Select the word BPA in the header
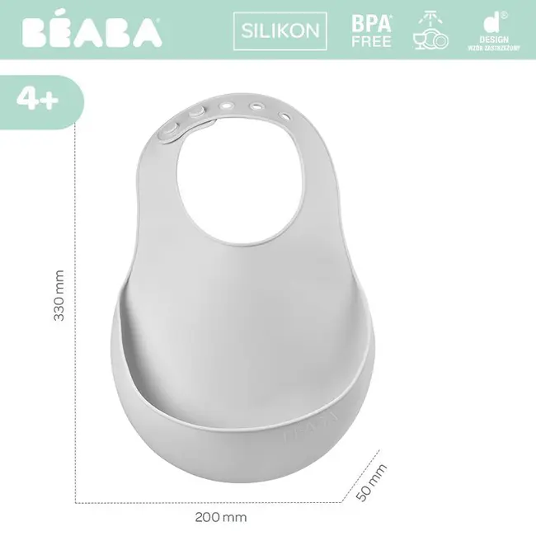tap(372, 23)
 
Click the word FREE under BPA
tap(372, 41)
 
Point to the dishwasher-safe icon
tap(429, 31)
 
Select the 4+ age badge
tap(37, 100)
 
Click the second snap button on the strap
tap(195, 112)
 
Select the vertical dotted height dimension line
tap(77, 313)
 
